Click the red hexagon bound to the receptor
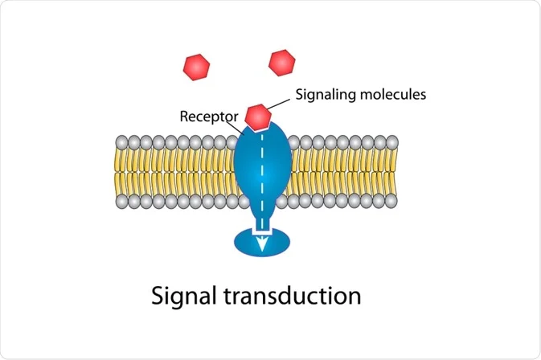(x=258, y=116)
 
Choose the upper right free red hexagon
(x=281, y=62)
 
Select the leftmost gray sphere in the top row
(x=121, y=142)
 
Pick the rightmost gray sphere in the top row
(x=392, y=142)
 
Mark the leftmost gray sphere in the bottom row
(x=121, y=201)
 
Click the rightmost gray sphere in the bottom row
(x=392, y=201)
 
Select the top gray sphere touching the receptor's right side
(x=293, y=142)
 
